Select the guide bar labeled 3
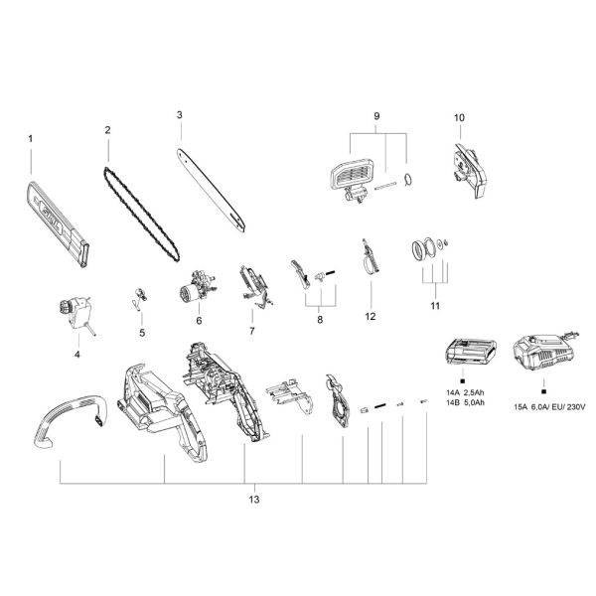(x=211, y=188)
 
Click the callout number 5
(x=141, y=332)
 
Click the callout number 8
(x=319, y=320)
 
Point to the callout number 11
(x=434, y=307)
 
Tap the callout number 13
(x=254, y=499)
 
